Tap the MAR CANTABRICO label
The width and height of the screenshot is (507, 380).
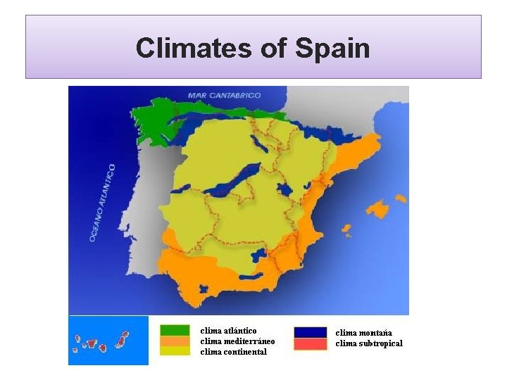tap(224, 95)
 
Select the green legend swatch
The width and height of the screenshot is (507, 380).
tap(175, 330)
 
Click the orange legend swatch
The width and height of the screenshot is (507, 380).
tap(175, 341)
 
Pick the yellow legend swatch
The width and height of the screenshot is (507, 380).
tap(175, 350)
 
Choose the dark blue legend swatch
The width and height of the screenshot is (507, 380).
tap(310, 332)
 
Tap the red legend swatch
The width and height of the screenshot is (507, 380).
tap(310, 344)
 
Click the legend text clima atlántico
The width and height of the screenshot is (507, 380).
tap(228, 330)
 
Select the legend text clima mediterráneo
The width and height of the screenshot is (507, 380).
tap(237, 341)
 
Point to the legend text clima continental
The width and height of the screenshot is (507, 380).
tap(234, 352)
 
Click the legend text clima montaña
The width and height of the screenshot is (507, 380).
tap(363, 333)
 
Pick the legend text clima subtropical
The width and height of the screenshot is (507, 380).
tap(369, 343)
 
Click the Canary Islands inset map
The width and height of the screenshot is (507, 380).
tap(108, 341)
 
